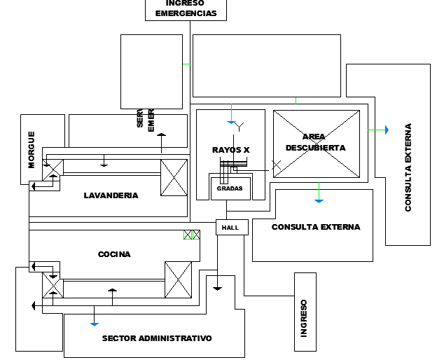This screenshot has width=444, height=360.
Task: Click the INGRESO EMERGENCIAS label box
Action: pos(186,9)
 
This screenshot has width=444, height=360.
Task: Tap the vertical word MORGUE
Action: pos(32,150)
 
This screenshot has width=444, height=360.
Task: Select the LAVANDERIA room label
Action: pos(111,195)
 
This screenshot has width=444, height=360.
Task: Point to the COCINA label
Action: pos(114,254)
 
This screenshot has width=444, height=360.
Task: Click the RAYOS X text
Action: pos(230,150)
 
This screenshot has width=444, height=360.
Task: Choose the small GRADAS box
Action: pos(230,188)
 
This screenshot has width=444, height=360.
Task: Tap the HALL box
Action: pos(231,228)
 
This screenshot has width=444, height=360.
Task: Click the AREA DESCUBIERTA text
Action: pos(315,142)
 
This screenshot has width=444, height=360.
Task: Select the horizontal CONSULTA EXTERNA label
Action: pos(315,227)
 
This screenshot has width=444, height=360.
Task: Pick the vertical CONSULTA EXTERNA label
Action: pos(408,167)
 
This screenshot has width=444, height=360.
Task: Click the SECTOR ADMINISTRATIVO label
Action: pos(156,338)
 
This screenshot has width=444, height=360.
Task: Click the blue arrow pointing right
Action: pos(384,130)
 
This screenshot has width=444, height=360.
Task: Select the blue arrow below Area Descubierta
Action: pos(319,200)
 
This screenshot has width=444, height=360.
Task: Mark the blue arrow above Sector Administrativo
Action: pos(94,323)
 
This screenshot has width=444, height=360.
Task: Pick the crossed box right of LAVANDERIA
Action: pos(174,178)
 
